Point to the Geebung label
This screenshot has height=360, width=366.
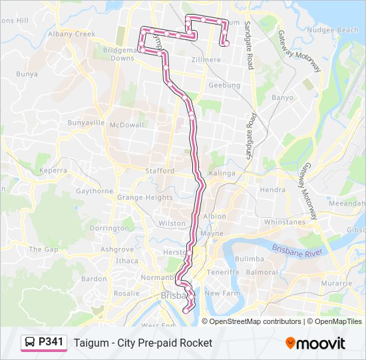tap(220, 85)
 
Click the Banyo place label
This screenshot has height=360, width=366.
tap(282, 97)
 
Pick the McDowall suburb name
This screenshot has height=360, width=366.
tap(126, 125)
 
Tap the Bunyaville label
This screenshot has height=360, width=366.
tap(87, 123)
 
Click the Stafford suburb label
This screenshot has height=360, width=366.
tap(160, 171)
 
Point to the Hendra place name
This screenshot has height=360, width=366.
tap(272, 190)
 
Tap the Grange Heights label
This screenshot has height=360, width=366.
tap(144, 197)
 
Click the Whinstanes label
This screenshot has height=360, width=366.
tap(284, 222)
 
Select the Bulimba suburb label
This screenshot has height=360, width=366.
tap(250, 259)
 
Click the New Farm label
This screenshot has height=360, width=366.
tap(222, 293)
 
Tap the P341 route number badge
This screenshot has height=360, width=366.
tap(51, 342)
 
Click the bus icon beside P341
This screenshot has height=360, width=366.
tap(31, 343)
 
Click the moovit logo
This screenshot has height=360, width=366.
tap(315, 343)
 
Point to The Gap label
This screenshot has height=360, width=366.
tap(44, 249)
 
